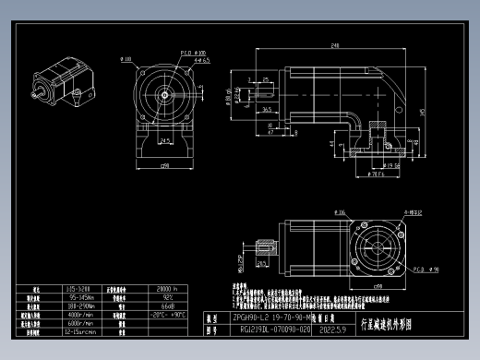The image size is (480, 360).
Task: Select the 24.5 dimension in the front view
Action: [163, 139]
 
